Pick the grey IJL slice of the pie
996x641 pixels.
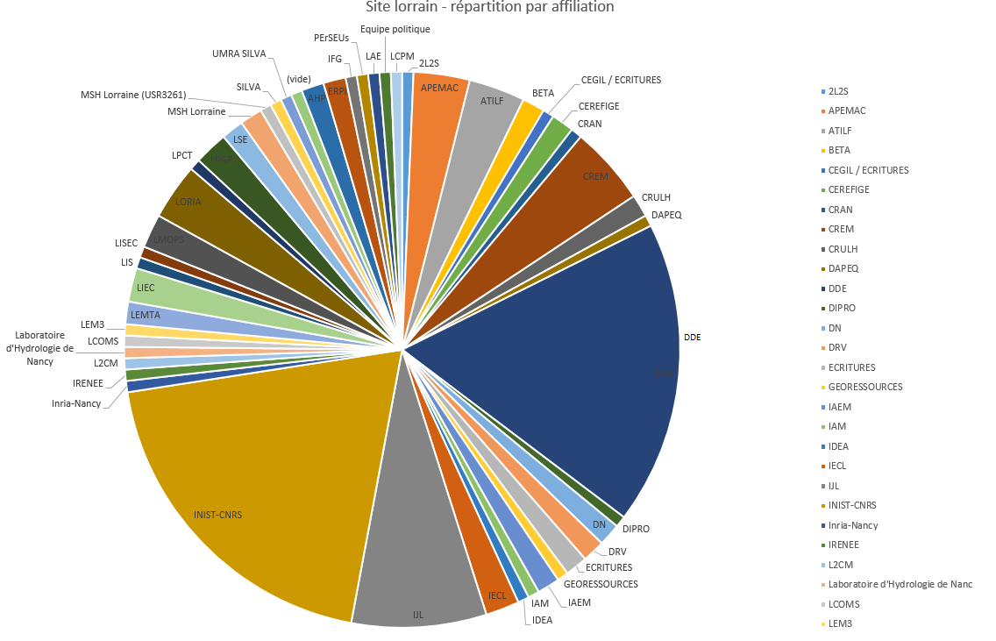point(419,561)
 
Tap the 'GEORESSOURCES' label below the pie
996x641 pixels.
point(601,584)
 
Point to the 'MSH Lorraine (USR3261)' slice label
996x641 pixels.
point(132,95)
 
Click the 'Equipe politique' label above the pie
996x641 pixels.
point(395,29)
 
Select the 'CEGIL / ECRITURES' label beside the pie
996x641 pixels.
point(621,80)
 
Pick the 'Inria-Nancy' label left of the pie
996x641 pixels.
point(75,403)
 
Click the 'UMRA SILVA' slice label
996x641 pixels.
point(238,53)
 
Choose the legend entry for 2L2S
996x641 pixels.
point(839,91)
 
